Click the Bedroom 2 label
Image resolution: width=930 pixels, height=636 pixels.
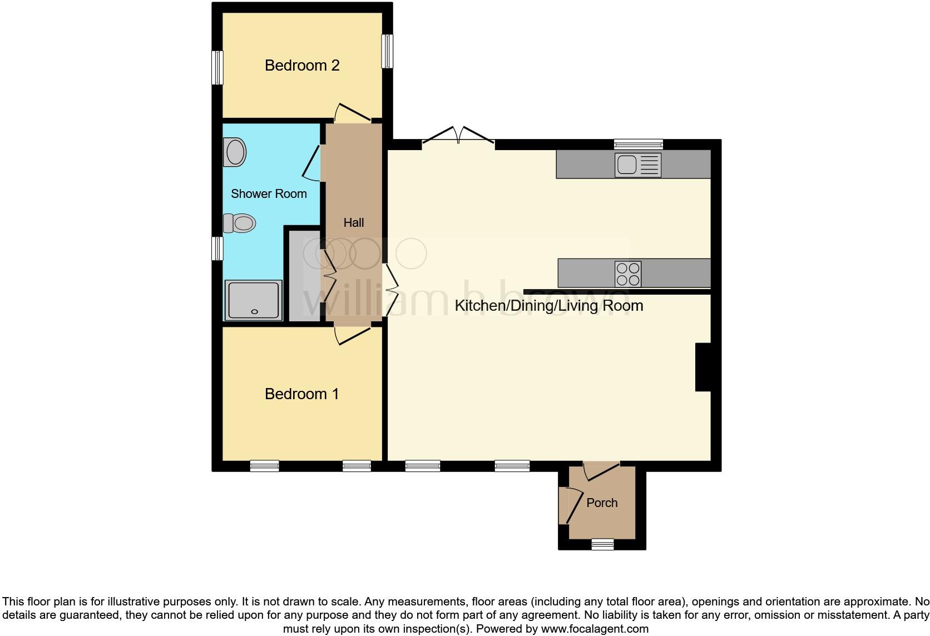pyautogui.click(x=302, y=66)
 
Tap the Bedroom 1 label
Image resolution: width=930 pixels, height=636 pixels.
pyautogui.click(x=301, y=394)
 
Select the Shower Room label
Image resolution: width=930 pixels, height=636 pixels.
pyautogui.click(x=269, y=194)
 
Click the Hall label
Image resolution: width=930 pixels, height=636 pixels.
pyautogui.click(x=354, y=223)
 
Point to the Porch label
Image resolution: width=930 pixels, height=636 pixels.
pyautogui.click(x=602, y=503)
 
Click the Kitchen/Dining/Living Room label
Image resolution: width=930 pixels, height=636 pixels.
pyautogui.click(x=548, y=306)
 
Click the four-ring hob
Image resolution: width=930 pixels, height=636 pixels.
pyautogui.click(x=628, y=274)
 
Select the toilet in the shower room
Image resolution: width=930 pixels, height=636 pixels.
pyautogui.click(x=240, y=223)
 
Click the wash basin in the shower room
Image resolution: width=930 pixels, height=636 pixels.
pyautogui.click(x=235, y=152)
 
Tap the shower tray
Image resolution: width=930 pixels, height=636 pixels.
pyautogui.click(x=253, y=300)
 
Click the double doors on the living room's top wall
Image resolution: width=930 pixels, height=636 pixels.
pyautogui.click(x=458, y=136)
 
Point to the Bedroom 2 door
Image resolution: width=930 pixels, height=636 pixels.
pyautogui.click(x=353, y=113)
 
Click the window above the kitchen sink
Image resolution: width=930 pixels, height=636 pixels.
pyautogui.click(x=639, y=144)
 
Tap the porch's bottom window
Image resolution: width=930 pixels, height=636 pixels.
pyautogui.click(x=602, y=544)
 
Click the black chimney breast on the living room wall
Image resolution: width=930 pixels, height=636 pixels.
pyautogui.click(x=703, y=367)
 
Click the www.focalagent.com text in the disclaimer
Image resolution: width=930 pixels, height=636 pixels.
pyautogui.click(x=595, y=629)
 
